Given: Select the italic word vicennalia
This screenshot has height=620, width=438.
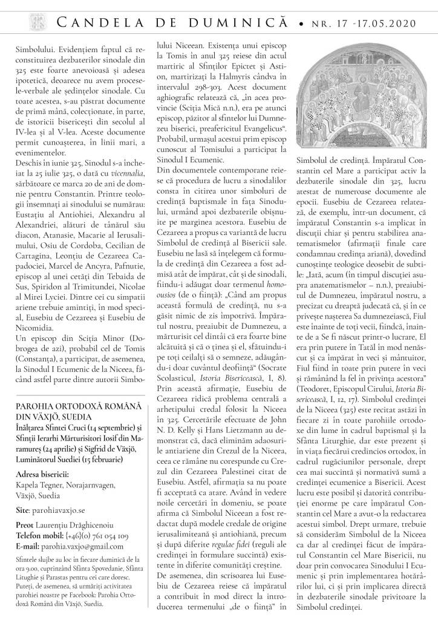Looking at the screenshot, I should point(122,206).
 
